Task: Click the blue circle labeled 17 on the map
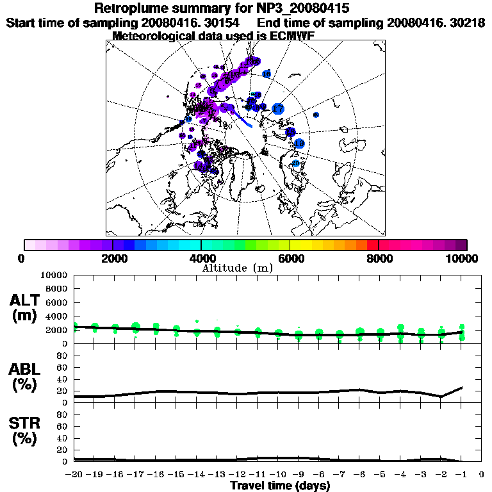click(277, 109)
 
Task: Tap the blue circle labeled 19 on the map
click(299, 144)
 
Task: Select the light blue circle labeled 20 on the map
click(296, 164)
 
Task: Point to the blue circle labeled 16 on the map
click(267, 74)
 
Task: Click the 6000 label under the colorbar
click(290, 258)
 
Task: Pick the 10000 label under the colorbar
click(462, 258)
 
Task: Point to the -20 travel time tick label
click(74, 475)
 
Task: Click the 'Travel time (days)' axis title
click(280, 486)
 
